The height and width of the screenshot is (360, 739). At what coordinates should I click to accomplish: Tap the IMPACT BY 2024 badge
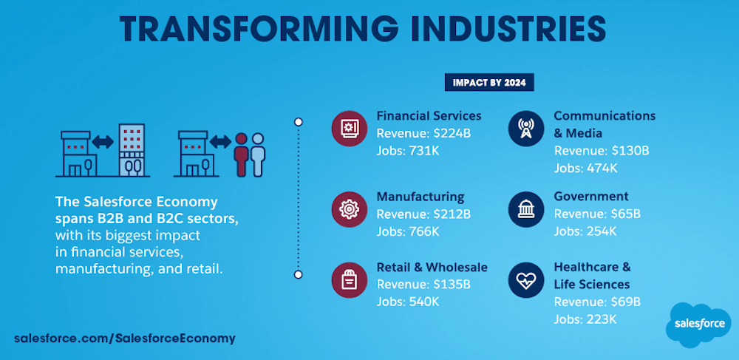click(x=489, y=83)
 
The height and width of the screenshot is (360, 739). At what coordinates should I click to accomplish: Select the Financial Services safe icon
click(x=350, y=128)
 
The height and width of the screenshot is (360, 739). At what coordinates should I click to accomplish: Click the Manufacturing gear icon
click(x=350, y=209)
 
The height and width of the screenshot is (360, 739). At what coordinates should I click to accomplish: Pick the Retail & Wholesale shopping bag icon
click(x=350, y=280)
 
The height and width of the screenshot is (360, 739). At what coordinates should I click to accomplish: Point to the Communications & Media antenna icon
click(x=526, y=128)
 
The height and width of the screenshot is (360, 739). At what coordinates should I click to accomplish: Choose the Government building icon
click(x=526, y=209)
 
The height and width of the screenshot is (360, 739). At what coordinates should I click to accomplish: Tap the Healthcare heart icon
click(x=526, y=280)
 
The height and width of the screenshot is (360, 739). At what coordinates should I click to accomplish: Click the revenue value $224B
click(x=452, y=133)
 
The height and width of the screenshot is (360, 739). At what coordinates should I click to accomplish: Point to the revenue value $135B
click(x=452, y=285)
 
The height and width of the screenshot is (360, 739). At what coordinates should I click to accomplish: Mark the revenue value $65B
click(x=625, y=214)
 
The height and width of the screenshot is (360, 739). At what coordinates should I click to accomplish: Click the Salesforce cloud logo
click(x=699, y=325)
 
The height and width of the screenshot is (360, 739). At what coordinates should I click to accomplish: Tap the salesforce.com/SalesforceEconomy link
click(x=124, y=339)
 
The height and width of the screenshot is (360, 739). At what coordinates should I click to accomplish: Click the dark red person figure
click(x=241, y=154)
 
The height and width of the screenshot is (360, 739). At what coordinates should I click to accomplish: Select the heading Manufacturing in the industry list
click(x=420, y=197)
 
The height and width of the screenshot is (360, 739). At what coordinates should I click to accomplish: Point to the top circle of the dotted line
click(x=298, y=122)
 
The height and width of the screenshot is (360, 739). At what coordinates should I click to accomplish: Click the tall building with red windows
click(x=132, y=150)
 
